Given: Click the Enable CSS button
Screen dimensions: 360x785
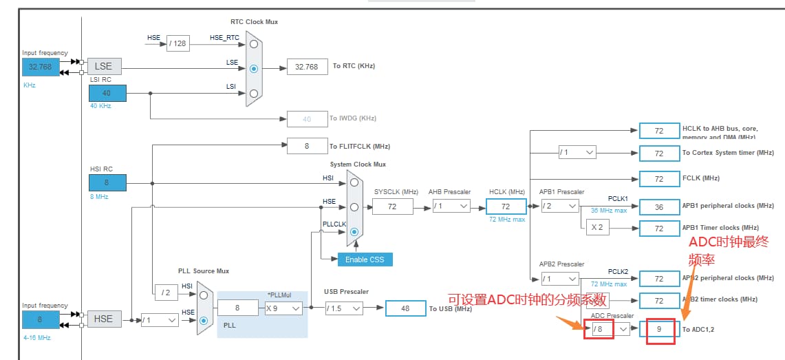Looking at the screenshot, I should (x=365, y=260).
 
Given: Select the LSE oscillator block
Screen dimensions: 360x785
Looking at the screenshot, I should (x=103, y=66).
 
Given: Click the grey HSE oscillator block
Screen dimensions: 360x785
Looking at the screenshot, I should (x=103, y=319).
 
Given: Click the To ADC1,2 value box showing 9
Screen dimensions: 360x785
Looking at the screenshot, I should (x=658, y=329).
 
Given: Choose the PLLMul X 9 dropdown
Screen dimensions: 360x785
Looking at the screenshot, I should (x=283, y=308).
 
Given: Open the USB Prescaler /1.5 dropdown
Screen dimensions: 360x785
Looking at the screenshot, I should (x=343, y=308).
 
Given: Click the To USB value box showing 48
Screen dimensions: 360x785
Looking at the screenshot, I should (x=405, y=308).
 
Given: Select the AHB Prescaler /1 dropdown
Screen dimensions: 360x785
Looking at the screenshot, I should (x=451, y=206).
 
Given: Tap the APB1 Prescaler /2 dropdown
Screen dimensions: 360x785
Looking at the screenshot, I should (x=559, y=206).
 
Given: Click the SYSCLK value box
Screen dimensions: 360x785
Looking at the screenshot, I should (x=392, y=207).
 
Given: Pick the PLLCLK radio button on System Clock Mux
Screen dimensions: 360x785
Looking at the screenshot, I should (x=354, y=232).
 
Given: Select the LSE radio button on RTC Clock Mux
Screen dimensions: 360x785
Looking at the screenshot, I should (x=255, y=69).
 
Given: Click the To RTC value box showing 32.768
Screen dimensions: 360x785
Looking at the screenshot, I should (x=307, y=67).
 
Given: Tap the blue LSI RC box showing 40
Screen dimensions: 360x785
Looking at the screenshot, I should (x=107, y=93).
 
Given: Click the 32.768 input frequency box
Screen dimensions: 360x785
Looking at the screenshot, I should (x=40, y=67).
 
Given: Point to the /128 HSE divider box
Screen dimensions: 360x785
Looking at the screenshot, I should (x=178, y=43).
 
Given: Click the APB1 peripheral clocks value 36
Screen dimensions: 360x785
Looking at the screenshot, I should (x=658, y=207).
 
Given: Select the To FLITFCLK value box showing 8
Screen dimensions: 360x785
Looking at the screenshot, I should (x=307, y=146).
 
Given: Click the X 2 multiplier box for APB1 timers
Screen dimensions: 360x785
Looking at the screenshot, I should (x=596, y=228).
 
